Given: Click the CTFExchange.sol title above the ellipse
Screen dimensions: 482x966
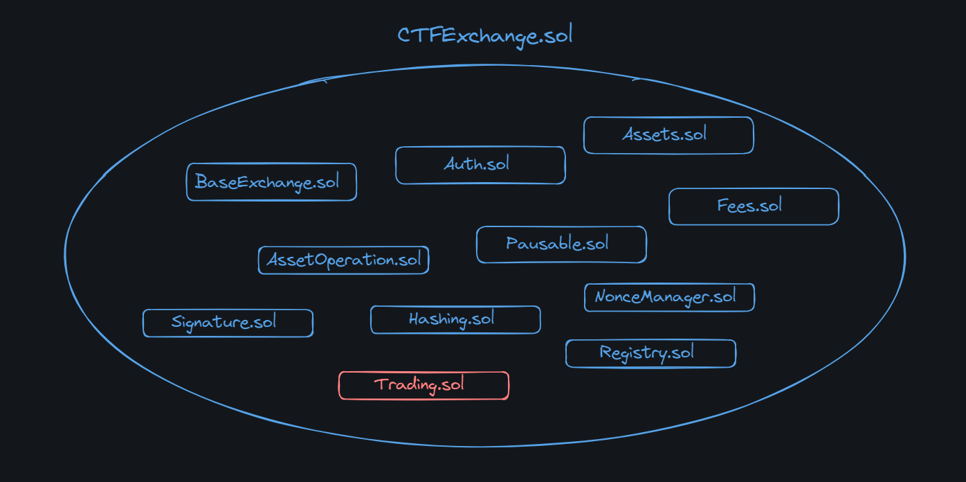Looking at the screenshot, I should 484,35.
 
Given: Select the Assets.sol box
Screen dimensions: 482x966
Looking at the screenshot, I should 668,135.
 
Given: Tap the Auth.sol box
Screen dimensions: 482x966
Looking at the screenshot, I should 480,165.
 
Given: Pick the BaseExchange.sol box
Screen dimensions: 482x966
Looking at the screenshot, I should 271,182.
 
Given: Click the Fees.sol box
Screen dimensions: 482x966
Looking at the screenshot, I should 754,206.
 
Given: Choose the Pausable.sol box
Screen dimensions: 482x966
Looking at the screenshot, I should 561,244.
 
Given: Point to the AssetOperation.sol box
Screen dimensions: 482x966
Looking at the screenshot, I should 343,260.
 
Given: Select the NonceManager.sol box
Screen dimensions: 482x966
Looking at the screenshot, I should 669,297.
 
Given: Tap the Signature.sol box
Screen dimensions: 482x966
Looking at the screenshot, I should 228,323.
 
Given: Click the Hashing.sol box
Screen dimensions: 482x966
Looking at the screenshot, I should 455,320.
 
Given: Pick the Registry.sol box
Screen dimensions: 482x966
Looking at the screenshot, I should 650,353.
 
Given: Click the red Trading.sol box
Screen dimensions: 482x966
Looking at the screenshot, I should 423,385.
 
